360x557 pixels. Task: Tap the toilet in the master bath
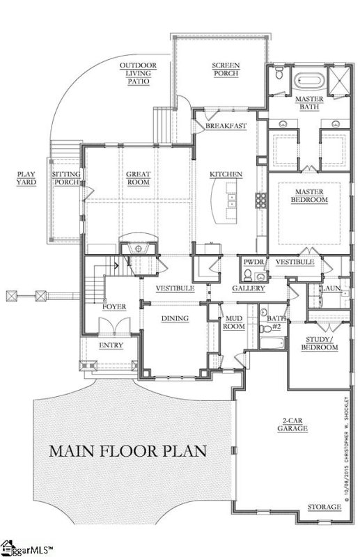click(278, 74)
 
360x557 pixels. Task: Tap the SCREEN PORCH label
click(225, 70)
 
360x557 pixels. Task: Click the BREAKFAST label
click(225, 126)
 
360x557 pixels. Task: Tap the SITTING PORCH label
click(67, 178)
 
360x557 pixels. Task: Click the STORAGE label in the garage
click(324, 508)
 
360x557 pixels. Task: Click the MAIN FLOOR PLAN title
click(127, 450)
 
